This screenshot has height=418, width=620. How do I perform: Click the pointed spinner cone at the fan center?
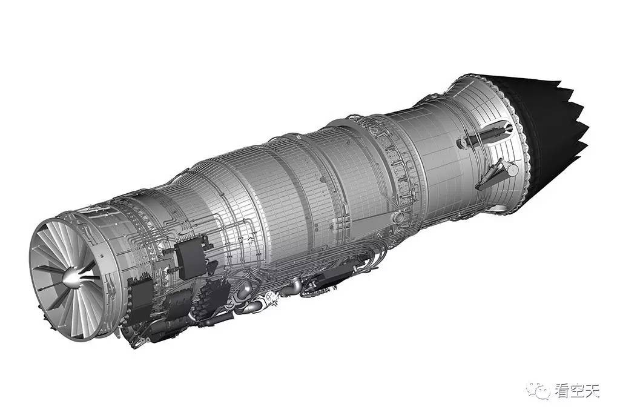coord(73,277)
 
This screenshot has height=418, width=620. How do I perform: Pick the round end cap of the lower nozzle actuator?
coord(513,170)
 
